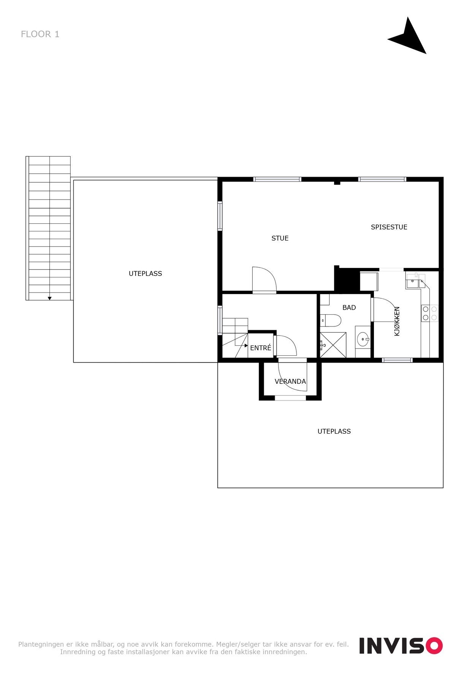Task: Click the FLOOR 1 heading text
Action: click(x=40, y=34)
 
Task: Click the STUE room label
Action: click(x=280, y=238)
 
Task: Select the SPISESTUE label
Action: click(x=389, y=227)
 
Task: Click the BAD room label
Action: click(x=349, y=307)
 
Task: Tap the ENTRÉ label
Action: click(x=261, y=348)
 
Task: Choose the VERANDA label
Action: click(x=290, y=382)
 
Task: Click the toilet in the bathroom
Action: click(x=331, y=320)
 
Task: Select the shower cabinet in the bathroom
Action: click(x=333, y=345)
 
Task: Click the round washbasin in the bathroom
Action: click(x=363, y=338)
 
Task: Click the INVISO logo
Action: click(x=401, y=646)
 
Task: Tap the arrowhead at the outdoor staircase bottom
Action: click(x=50, y=298)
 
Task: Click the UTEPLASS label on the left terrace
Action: click(x=145, y=274)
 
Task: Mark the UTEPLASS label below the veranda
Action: click(x=334, y=431)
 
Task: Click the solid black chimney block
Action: click(x=347, y=280)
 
